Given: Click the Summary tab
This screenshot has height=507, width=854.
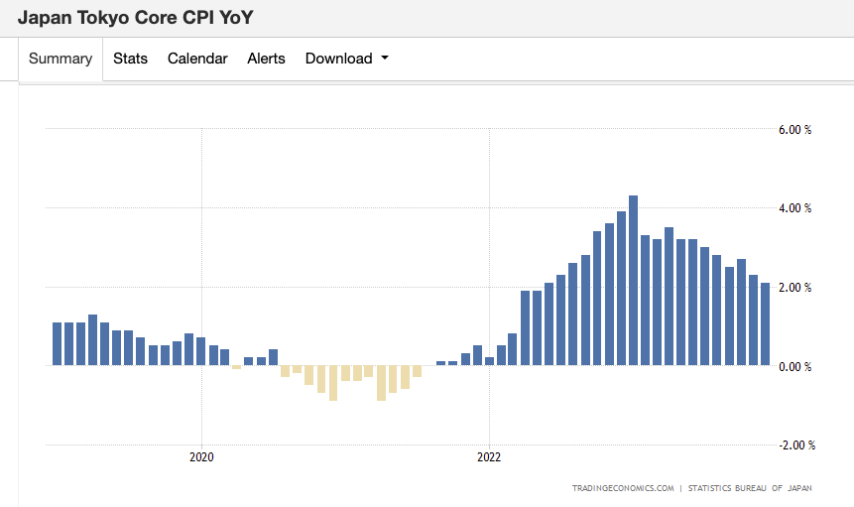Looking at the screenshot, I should click(61, 59).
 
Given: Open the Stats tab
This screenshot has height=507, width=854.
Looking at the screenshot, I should click(130, 59).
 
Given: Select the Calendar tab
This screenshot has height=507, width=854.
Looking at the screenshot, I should click(197, 59).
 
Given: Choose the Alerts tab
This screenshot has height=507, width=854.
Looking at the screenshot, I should click(266, 59).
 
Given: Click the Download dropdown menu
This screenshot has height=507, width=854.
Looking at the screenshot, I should click(346, 59).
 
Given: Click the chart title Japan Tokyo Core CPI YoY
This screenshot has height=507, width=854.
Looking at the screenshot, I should click(142, 18).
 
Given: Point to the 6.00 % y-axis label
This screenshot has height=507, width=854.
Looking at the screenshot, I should click(794, 129).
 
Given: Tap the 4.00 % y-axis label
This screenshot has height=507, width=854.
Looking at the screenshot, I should click(794, 208).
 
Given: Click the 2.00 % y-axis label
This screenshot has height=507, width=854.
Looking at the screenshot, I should click(794, 288).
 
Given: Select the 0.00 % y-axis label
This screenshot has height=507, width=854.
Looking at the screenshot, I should click(794, 366).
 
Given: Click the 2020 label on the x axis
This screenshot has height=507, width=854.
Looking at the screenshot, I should click(202, 458).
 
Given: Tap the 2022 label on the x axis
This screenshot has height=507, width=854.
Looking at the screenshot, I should click(489, 458).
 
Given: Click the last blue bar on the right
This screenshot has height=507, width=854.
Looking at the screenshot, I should click(765, 324).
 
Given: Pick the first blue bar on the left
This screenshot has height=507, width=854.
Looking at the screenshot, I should click(57, 343).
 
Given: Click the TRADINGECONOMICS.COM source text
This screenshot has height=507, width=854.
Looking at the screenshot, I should click(623, 488).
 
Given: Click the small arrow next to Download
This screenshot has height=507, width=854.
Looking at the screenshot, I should click(385, 59).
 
